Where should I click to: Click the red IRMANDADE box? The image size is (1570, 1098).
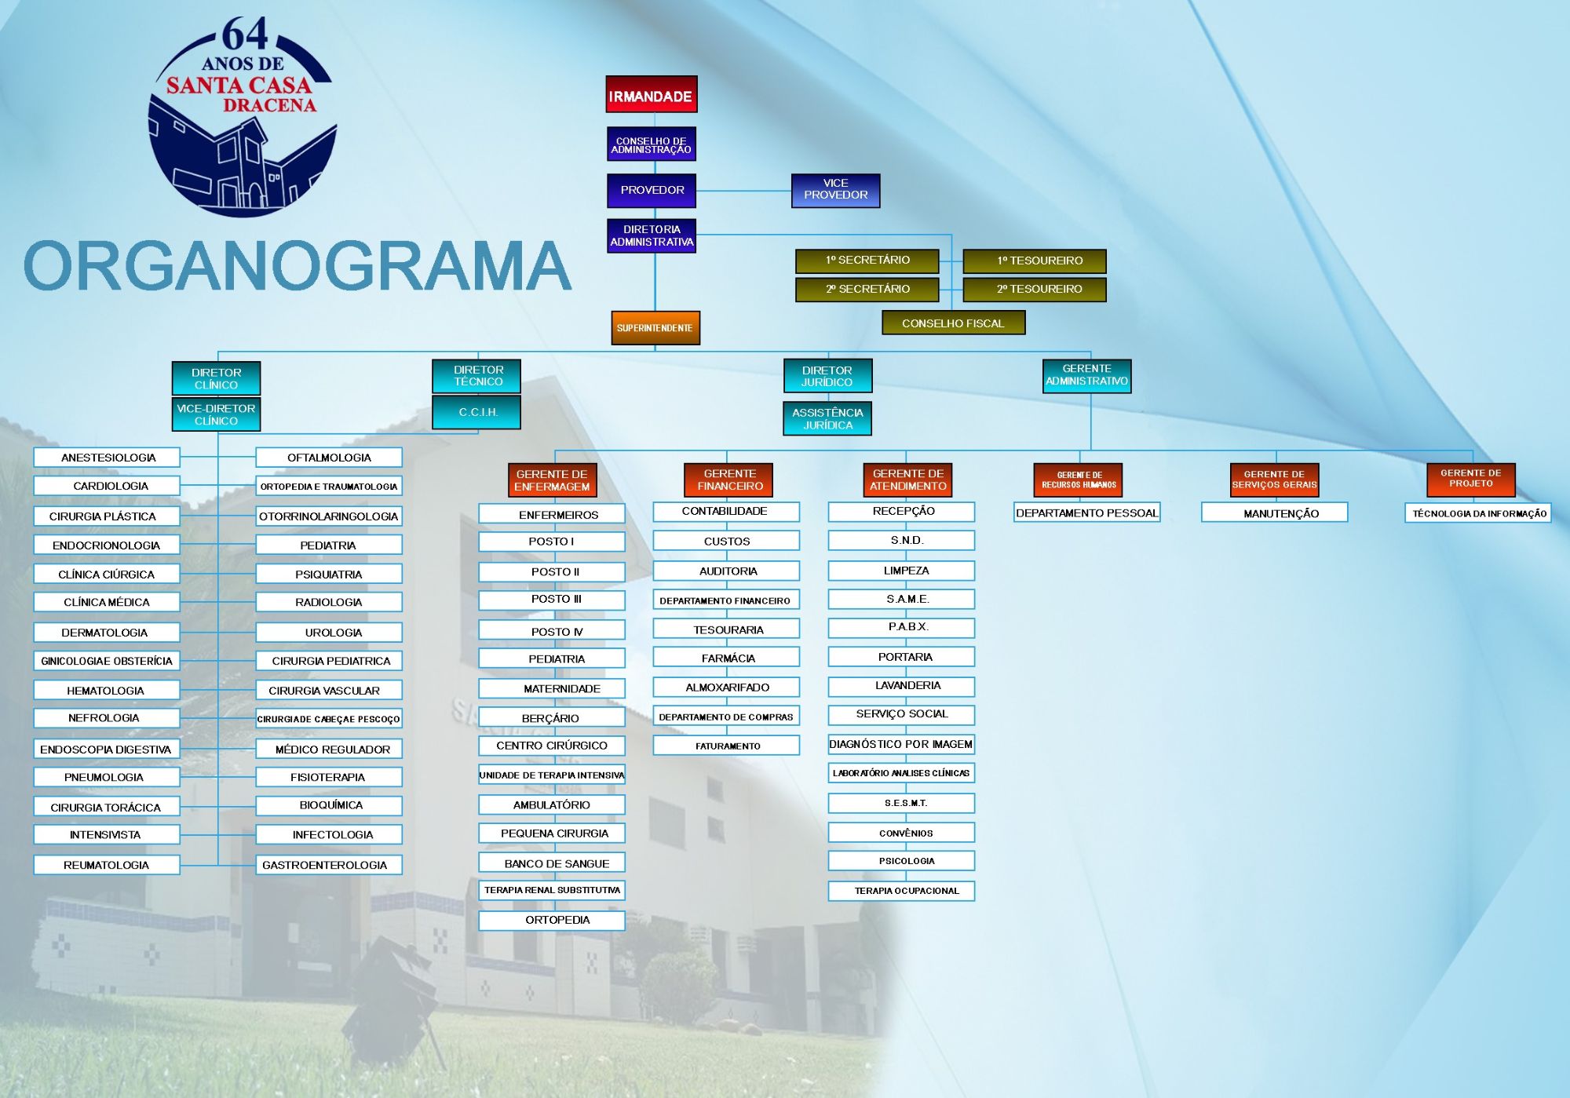(652, 94)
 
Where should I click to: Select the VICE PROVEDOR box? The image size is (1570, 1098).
(835, 190)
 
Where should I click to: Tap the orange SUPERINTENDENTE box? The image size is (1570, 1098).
(655, 327)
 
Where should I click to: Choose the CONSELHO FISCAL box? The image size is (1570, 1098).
(953, 323)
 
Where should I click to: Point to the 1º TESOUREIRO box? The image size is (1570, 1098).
(1035, 261)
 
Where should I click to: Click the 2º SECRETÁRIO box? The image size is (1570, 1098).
(867, 289)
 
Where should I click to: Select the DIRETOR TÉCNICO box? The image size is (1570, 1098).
(476, 376)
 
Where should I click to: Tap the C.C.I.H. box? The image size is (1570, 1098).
(476, 412)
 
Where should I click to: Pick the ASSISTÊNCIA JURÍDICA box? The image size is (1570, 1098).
(827, 418)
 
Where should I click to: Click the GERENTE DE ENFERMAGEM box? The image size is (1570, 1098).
(552, 480)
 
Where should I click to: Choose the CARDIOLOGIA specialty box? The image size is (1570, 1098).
(107, 486)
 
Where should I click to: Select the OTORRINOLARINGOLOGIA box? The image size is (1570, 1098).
(329, 516)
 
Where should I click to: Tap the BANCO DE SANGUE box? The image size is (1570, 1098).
(552, 863)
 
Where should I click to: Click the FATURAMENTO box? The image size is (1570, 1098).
(726, 746)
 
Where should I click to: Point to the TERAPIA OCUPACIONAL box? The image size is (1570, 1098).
(901, 891)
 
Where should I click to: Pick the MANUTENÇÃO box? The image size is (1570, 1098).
(1275, 513)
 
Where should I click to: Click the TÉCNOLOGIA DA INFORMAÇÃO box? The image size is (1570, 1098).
(1478, 513)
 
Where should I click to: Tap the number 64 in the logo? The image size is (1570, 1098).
(245, 35)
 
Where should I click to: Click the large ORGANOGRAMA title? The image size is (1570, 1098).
(298, 265)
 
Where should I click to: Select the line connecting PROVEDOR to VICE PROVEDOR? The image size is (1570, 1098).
(743, 191)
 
